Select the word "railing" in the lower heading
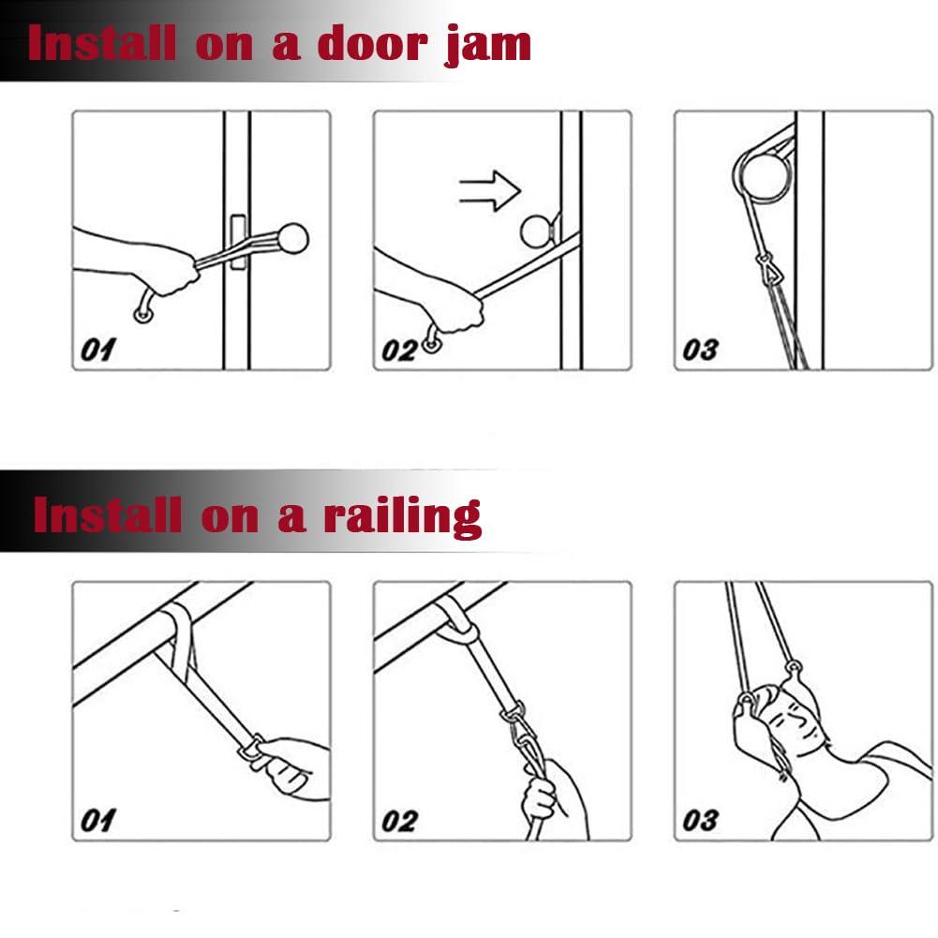(402, 517)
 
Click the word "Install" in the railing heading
(107, 514)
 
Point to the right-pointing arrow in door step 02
(490, 191)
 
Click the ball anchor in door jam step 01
(292, 238)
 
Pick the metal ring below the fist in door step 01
(143, 312)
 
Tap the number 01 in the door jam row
(97, 350)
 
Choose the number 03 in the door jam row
(700, 350)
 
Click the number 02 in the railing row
(399, 821)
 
